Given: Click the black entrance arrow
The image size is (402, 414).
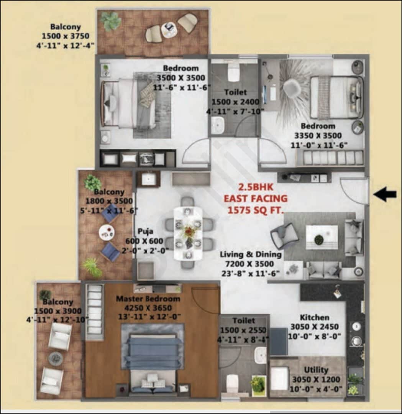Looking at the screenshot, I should click(385, 194).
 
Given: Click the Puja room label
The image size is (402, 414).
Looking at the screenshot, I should click(146, 232).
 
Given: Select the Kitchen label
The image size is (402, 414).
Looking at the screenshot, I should click(314, 317).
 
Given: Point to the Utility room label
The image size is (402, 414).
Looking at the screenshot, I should click(316, 370).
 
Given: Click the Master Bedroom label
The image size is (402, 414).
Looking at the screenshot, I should click(148, 299).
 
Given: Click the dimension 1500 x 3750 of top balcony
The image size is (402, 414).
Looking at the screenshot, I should click(66, 36).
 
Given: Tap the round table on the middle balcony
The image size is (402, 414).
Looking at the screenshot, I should click(106, 232).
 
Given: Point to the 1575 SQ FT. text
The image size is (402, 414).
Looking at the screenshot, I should click(256, 210).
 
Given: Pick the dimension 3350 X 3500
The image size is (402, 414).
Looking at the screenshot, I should click(318, 136).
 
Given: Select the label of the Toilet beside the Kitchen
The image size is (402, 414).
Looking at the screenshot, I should click(243, 320).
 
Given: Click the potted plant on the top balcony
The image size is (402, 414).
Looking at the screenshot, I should click(111, 21).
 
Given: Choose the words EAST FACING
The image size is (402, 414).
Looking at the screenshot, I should click(256, 199).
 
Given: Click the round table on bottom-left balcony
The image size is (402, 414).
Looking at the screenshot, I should click(56, 358).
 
